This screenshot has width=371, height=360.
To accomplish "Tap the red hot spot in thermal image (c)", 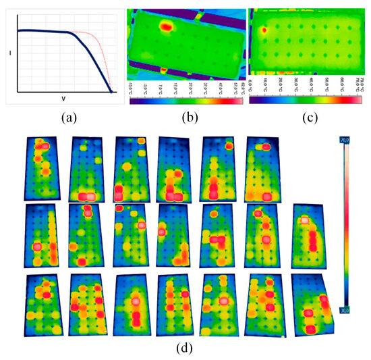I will click(264, 29).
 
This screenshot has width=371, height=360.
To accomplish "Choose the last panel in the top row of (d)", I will click(262, 169).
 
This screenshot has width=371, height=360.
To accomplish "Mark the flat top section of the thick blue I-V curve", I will click(40, 30).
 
